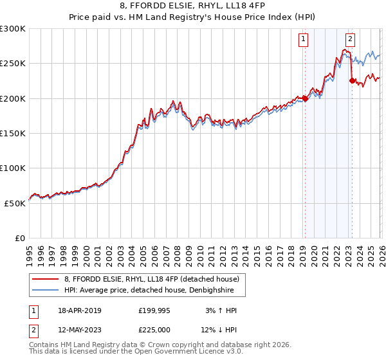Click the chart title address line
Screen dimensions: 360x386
[193, 6]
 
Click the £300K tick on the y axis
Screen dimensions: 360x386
[13, 29]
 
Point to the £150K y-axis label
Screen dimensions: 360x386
[13, 133]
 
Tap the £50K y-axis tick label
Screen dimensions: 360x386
[15, 203]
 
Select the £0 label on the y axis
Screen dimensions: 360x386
[20, 238]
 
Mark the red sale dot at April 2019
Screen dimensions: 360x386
[305, 98]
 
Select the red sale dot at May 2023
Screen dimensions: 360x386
[352, 81]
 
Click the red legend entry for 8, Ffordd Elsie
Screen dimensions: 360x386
[151, 279]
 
